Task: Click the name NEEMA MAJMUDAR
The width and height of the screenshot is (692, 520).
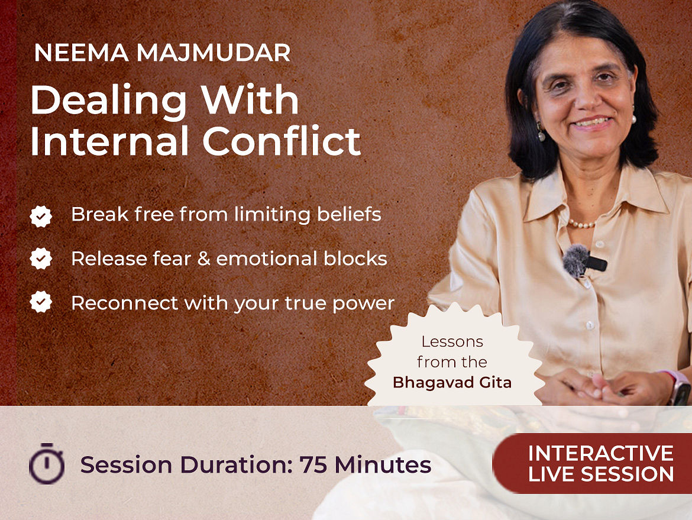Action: point(162,53)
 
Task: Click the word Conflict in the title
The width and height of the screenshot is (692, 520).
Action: point(282,141)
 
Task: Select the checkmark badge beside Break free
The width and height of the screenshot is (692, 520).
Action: point(41,217)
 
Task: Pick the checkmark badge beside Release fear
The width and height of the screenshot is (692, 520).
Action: point(41,259)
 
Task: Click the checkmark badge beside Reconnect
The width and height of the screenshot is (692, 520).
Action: point(41,302)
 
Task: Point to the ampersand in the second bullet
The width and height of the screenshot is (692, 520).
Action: point(203,259)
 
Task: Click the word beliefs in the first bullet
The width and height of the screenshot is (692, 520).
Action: point(349,214)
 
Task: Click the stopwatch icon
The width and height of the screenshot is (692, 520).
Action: point(47,464)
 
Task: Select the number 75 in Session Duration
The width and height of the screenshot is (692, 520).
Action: point(313,465)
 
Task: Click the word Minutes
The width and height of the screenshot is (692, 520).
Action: point(383,465)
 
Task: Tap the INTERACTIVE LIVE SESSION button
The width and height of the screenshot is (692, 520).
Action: point(592,463)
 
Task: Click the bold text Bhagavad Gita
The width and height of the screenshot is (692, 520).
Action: point(452,382)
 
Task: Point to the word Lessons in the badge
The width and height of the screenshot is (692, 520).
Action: point(452,341)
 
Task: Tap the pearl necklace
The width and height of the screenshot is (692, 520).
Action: point(581,224)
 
